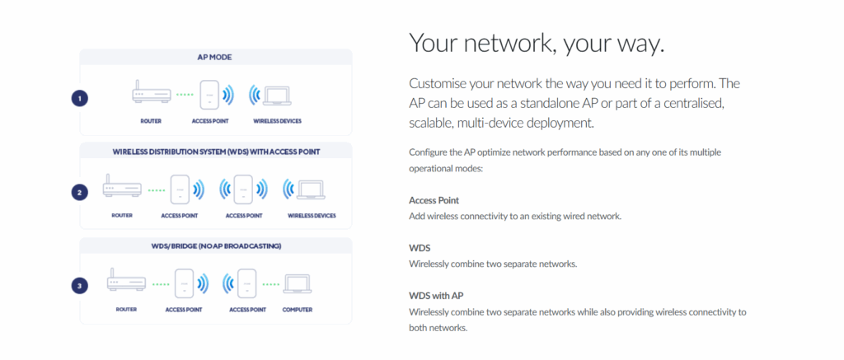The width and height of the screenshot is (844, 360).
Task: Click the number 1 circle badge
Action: click(79, 98)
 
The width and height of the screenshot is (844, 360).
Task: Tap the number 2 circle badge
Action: click(79, 192)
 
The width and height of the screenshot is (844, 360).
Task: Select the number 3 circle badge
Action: click(79, 286)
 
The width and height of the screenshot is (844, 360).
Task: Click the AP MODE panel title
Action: click(215, 57)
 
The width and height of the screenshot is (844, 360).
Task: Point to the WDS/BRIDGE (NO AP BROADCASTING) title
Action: click(215, 246)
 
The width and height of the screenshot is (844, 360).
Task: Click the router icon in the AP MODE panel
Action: click(150, 95)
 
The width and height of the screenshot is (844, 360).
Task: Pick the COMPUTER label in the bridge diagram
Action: click(298, 310)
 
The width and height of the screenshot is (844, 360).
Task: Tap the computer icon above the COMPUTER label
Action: click(298, 283)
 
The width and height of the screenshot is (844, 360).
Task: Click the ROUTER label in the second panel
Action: click(121, 215)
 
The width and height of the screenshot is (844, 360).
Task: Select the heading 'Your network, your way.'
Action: click(536, 44)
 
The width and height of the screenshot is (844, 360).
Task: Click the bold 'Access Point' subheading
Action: click(434, 200)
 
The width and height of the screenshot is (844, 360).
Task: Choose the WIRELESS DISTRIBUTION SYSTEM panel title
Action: click(215, 152)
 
